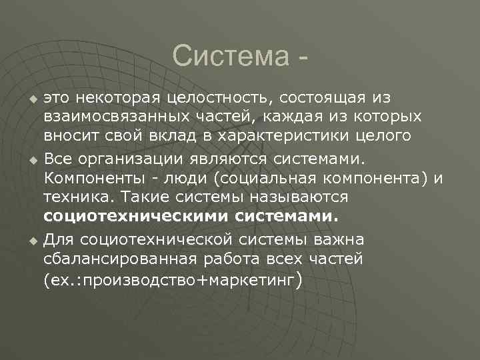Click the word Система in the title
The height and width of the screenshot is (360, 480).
click(228, 57)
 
